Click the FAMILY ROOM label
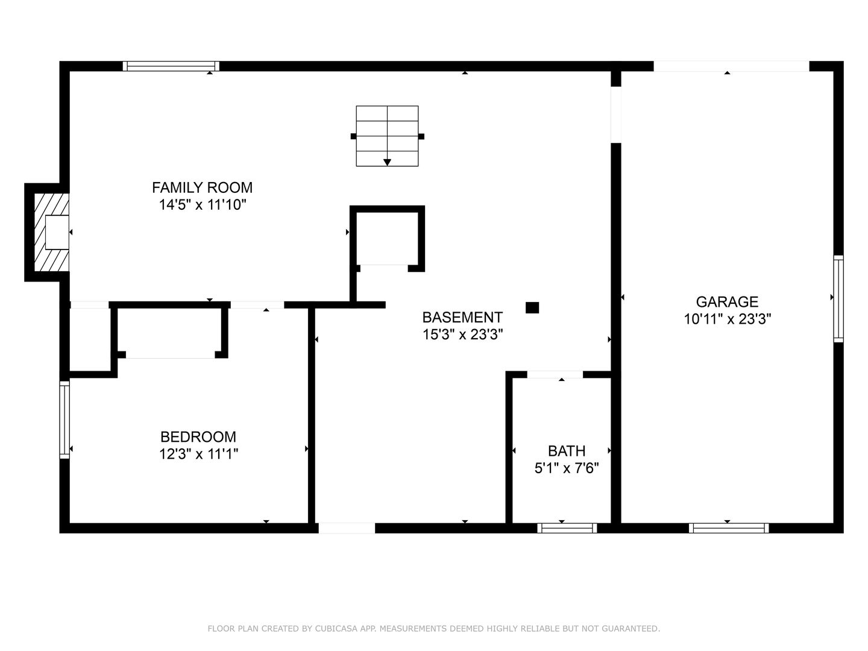click(x=202, y=187)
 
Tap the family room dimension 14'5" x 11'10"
click(x=202, y=205)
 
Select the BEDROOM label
click(x=198, y=436)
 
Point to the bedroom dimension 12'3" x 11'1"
click(x=198, y=454)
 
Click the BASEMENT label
click(x=462, y=317)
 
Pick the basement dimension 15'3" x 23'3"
click(x=462, y=335)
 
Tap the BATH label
click(x=566, y=451)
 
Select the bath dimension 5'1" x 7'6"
click(x=566, y=468)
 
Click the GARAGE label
click(x=727, y=301)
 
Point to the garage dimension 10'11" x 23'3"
click(x=727, y=319)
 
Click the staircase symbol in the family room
click(x=387, y=136)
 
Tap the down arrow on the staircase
click(x=387, y=162)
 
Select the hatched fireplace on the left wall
click(x=51, y=232)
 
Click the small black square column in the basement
click(x=532, y=307)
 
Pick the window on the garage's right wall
click(x=838, y=298)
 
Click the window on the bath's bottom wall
click(x=567, y=528)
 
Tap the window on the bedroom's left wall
click(x=64, y=420)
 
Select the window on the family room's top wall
click(x=171, y=66)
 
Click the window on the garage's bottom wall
click(x=729, y=528)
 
